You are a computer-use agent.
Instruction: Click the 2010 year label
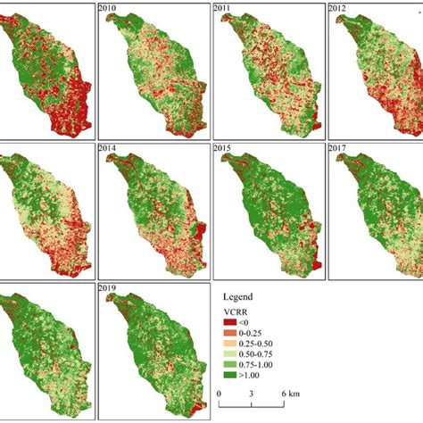(111, 9)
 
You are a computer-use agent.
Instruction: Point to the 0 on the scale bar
(220, 394)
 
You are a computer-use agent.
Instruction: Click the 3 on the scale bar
(253, 394)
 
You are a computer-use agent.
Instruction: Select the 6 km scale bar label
(289, 394)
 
